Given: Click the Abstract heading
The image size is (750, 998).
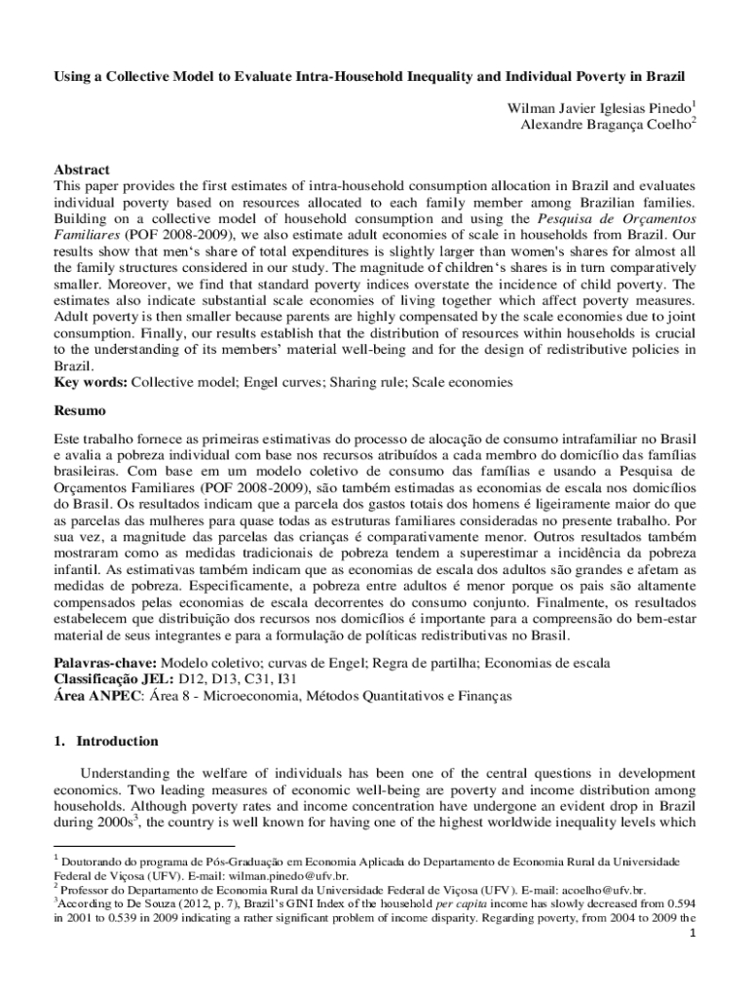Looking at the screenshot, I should (82, 169).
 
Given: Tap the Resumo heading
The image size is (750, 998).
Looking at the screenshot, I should (79, 412).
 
